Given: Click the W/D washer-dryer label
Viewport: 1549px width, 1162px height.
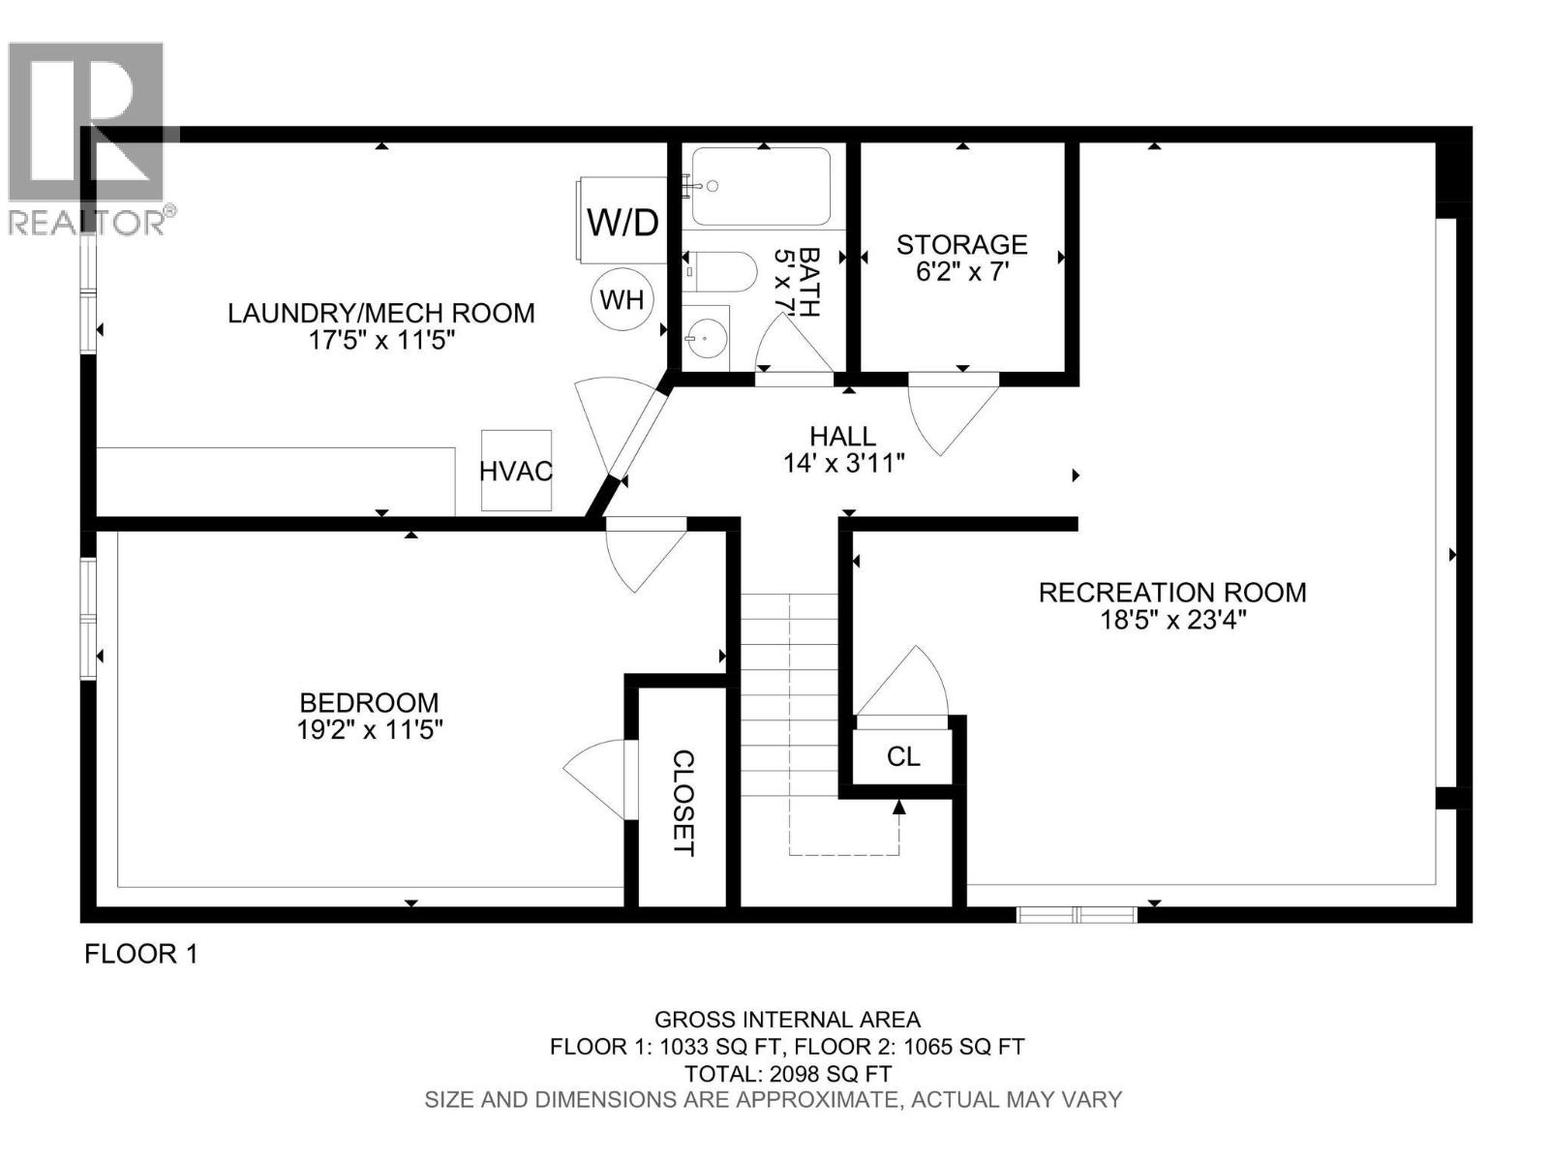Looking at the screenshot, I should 623,223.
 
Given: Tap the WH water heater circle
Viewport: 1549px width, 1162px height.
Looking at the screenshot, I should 622,299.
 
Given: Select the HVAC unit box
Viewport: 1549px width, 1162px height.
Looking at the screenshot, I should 516,472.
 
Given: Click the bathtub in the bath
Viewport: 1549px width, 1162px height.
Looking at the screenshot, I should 762,187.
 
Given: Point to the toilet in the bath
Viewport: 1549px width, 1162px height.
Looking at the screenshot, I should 721,271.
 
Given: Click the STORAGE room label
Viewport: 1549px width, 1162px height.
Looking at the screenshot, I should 961,244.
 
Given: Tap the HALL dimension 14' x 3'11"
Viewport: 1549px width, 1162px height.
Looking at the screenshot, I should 844,464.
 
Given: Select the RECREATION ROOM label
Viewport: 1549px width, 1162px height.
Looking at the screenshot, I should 1172,592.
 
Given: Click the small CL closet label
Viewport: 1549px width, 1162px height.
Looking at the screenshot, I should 903,756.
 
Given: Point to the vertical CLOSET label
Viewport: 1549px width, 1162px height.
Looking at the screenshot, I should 683,803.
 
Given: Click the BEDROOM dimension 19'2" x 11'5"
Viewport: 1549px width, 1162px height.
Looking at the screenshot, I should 369,730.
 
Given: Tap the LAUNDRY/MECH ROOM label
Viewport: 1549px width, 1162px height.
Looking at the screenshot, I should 380,313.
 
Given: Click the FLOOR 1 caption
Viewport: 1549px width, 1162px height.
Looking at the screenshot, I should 141,954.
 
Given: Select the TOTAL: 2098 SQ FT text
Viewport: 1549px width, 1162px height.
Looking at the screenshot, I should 787,1073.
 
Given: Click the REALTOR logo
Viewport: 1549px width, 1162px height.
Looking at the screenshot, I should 87,136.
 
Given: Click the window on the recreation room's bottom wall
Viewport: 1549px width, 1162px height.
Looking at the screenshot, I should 1076,913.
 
